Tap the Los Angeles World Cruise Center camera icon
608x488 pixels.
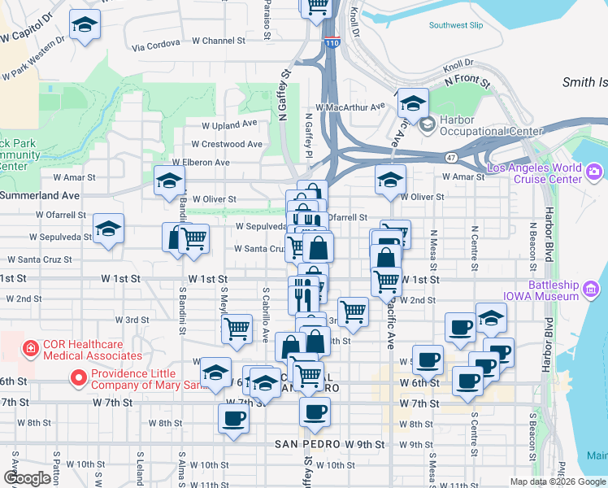point(594,171)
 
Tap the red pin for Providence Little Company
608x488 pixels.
point(79,377)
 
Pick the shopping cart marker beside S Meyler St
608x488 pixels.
point(237,329)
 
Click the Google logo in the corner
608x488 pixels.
point(28,478)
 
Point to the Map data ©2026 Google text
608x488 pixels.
point(557,481)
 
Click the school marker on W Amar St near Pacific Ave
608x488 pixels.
point(390,179)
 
